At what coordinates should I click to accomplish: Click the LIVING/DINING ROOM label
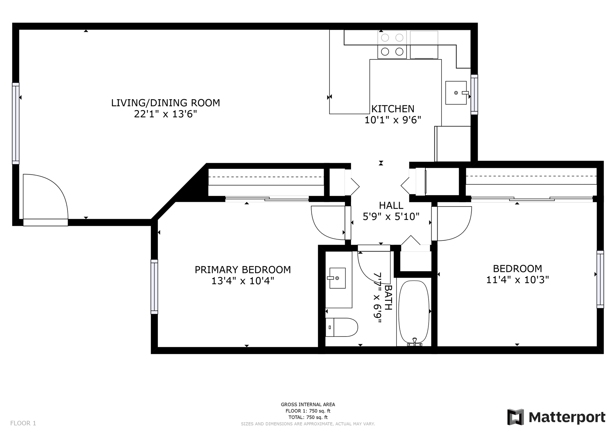[166, 103]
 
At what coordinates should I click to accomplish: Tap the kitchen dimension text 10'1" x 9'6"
[393, 120]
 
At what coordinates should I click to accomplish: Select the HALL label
[391, 205]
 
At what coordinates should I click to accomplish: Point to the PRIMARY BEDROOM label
[243, 270]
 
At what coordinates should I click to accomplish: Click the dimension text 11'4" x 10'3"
[518, 280]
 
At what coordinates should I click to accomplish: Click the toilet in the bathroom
[341, 327]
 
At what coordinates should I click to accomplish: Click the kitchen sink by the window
[456, 93]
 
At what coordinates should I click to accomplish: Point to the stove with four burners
[392, 45]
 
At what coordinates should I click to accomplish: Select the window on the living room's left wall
[16, 124]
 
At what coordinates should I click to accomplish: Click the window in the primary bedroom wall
[154, 287]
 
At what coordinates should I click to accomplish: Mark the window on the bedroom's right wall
[600, 279]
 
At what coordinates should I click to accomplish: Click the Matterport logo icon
[516, 417]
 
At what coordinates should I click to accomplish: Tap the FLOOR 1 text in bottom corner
[23, 423]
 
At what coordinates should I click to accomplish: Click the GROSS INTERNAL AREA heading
[308, 405]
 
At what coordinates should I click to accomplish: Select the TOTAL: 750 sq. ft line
[308, 417]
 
